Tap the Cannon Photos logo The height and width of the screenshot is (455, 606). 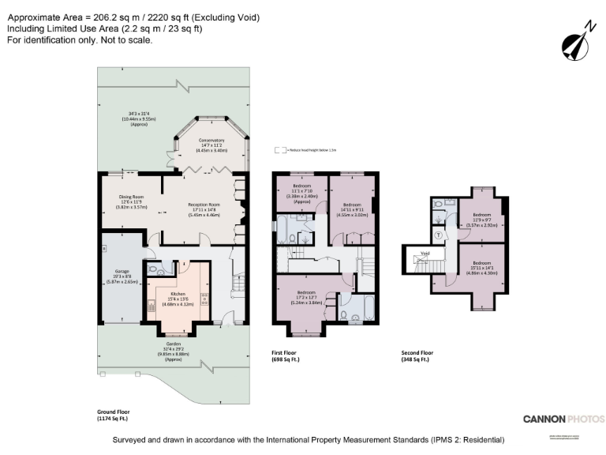point(563,418)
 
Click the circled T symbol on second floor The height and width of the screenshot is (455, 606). point(439,235)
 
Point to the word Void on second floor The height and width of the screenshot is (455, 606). point(425,254)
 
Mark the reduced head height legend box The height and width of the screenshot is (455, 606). point(278,149)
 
